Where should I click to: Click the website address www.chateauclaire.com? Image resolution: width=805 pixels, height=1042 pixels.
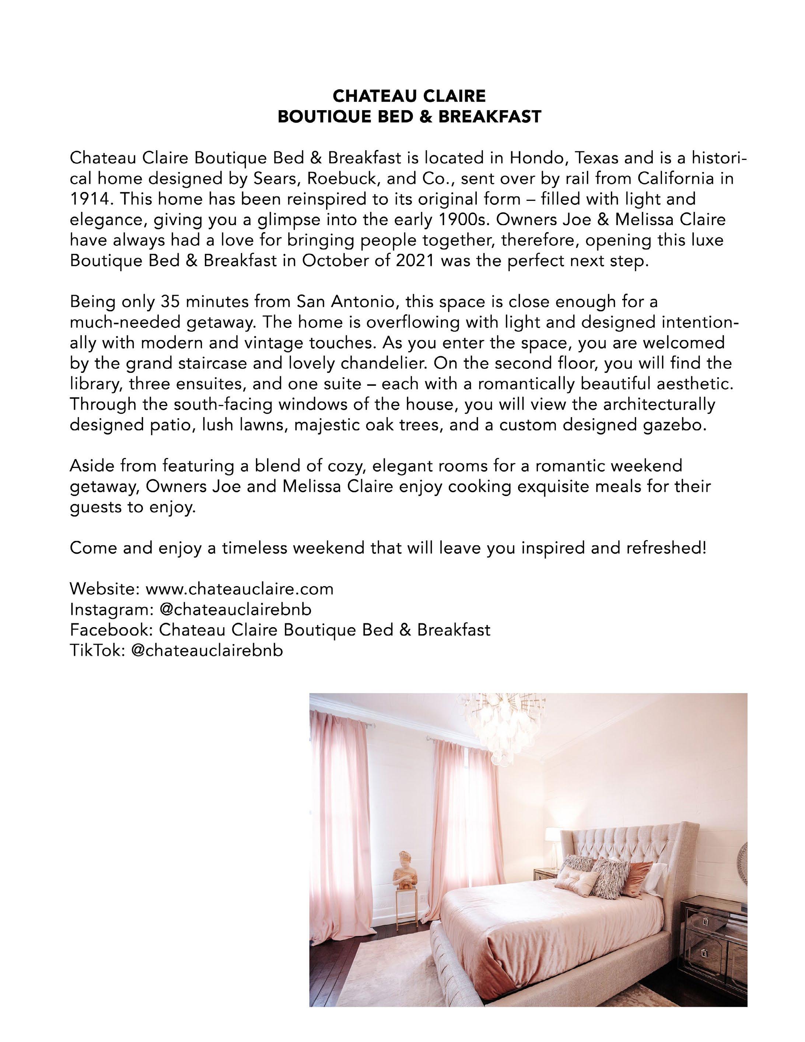[239, 589]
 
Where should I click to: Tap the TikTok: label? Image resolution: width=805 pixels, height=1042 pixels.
[97, 651]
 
